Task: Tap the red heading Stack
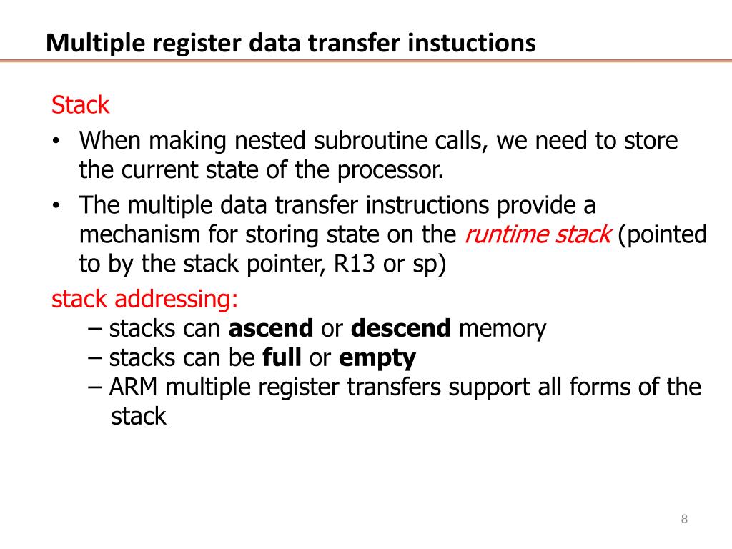[x=80, y=105]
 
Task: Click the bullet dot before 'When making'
[x=56, y=141]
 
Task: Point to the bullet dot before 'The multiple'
[x=56, y=206]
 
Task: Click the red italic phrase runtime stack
[x=538, y=234]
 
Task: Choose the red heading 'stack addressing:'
[x=145, y=299]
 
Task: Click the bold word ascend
[x=271, y=328]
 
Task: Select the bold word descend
[x=401, y=328]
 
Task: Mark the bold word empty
[x=377, y=358]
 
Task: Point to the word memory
[x=502, y=328]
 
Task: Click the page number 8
[x=685, y=519]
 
